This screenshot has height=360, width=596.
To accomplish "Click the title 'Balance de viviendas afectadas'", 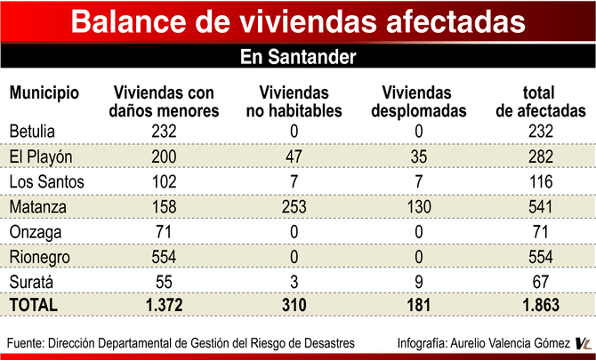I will [298, 22].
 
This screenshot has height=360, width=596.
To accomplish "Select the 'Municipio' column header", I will [44, 92].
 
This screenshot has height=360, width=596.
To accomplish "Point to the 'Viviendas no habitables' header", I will [294, 101].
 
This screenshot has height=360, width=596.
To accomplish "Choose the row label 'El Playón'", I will [40, 156].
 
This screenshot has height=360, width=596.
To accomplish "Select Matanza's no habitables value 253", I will [293, 206].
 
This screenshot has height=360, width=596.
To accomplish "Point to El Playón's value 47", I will [293, 156].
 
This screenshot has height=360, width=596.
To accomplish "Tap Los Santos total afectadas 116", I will [539, 181].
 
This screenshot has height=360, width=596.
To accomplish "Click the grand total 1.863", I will [539, 305].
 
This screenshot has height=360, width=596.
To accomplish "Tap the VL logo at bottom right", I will [584, 343].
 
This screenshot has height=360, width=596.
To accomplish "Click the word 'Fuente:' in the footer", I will [26, 343].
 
